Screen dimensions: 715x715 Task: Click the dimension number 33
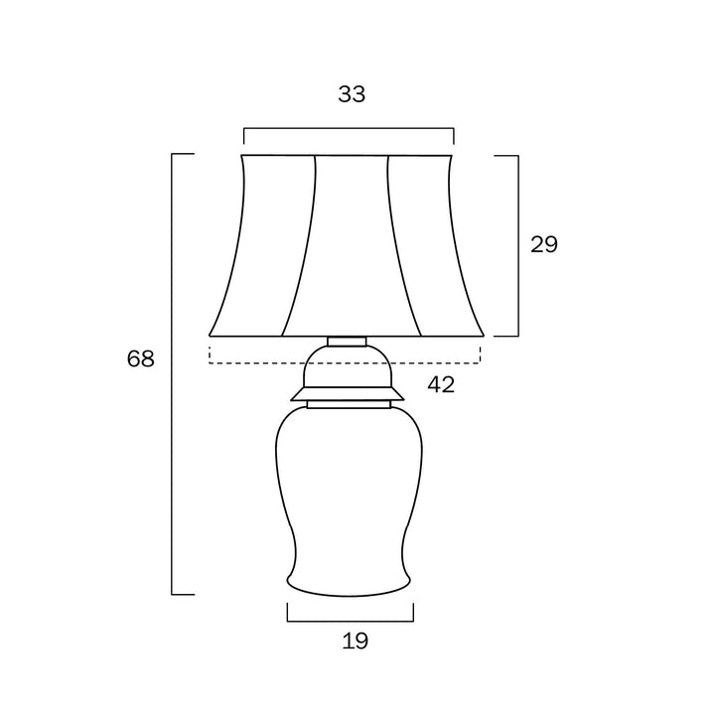[352, 94]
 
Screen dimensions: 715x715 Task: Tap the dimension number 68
[140, 358]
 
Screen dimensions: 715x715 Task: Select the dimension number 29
[544, 244]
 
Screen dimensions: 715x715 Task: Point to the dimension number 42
[441, 385]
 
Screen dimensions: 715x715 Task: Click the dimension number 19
[356, 642]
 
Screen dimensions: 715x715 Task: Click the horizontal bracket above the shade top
[349, 128]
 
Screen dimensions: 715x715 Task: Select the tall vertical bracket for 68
[172, 374]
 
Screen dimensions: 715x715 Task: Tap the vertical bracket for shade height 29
[518, 246]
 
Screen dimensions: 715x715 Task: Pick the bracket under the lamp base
[351, 621]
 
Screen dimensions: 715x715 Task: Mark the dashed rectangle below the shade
[345, 363]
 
